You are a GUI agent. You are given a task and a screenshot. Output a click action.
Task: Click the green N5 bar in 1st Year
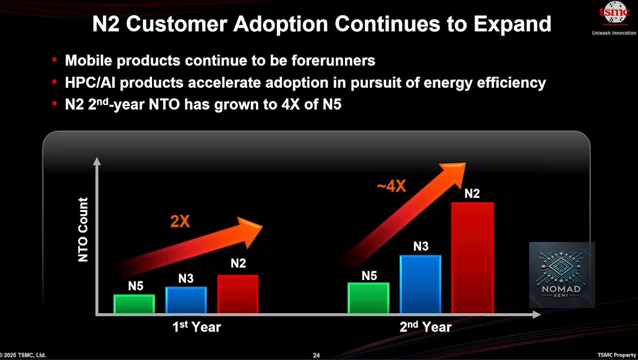coord(134,304)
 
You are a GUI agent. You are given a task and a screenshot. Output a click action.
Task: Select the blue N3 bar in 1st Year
coord(186,300)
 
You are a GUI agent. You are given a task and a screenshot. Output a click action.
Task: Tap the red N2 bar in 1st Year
coord(238,294)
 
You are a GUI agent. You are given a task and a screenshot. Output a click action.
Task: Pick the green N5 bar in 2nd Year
coord(369,298)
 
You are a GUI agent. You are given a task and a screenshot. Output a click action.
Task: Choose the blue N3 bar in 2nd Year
coord(420,284)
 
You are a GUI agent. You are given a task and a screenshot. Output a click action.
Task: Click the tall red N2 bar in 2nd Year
coord(472,257)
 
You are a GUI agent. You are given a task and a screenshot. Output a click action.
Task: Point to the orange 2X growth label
coord(180,222)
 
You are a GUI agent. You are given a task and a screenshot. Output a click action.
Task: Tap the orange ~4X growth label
coord(391,186)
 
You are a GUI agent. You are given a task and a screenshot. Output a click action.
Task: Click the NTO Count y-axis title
coord(83,230)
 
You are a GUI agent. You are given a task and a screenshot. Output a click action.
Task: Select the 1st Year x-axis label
coord(197,327)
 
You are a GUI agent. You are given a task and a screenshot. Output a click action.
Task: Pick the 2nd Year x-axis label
coord(425,327)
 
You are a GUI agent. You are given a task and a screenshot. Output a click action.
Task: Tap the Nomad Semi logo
coord(562,275)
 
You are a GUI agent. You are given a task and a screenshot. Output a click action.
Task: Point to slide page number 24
coord(316,355)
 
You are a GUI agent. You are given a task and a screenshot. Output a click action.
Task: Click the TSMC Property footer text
coord(617,355)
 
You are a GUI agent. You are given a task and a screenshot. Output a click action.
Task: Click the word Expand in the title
coord(512,24)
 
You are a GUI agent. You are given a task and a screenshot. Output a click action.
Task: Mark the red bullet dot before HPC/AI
coord(55,83)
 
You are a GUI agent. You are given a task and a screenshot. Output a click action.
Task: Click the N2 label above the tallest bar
coord(472,193)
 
